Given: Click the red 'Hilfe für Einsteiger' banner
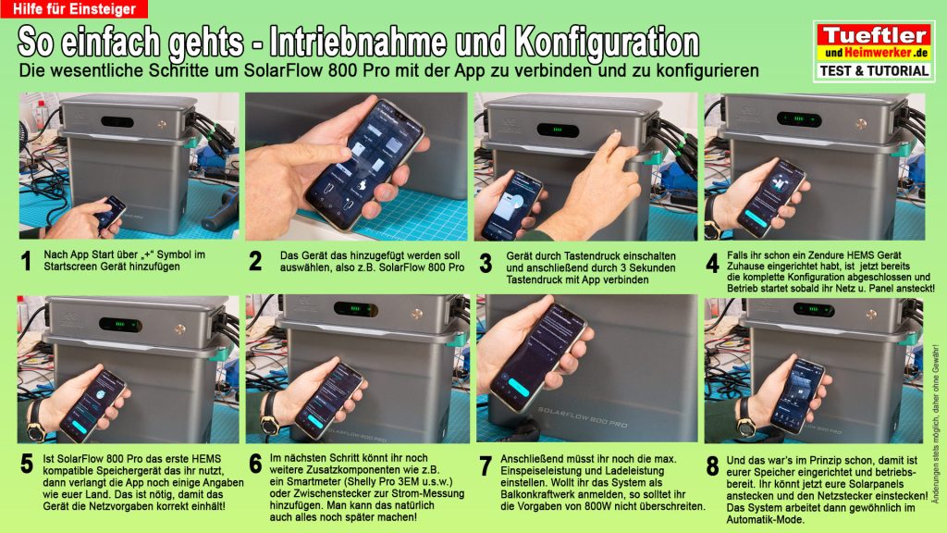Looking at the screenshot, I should click(x=73, y=9).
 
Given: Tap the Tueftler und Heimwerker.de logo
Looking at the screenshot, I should click(x=872, y=43).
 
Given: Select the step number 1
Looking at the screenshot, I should click(x=27, y=263).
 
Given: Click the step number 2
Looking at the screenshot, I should click(x=255, y=261).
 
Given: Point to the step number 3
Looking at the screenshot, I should click(x=485, y=263).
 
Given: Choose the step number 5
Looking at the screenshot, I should click(x=26, y=465).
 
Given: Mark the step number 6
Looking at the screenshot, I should click(x=255, y=465).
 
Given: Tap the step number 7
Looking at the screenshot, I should click(x=485, y=465).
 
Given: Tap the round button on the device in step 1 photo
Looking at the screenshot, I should click(x=174, y=123).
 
